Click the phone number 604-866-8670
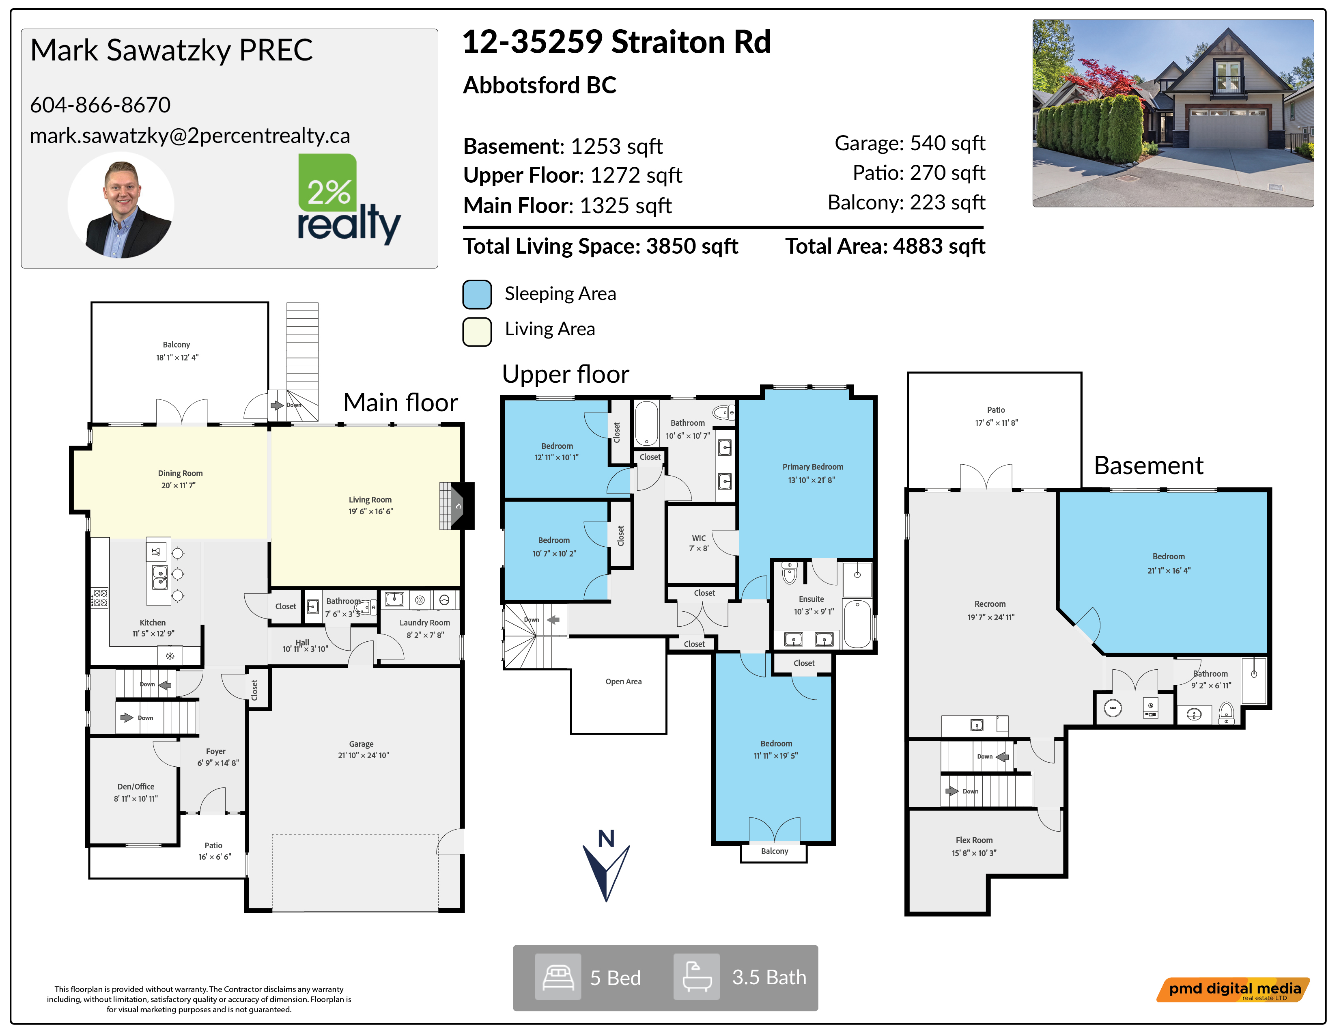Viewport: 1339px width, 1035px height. click(100, 105)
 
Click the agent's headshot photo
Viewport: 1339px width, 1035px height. click(121, 205)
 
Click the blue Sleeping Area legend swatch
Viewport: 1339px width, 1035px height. click(477, 294)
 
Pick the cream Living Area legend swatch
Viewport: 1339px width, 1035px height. click(477, 332)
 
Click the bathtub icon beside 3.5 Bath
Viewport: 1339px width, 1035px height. click(696, 977)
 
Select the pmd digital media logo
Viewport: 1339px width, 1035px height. click(1233, 990)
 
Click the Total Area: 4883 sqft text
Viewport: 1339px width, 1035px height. click(885, 246)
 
